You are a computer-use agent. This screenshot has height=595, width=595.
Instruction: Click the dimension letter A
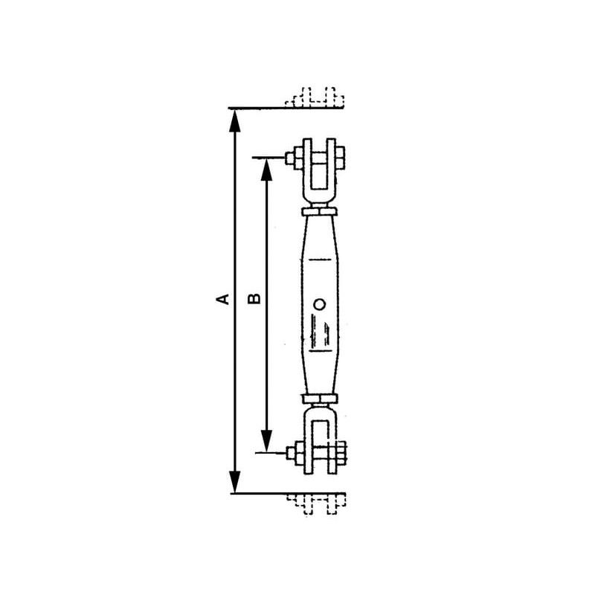click(222, 299)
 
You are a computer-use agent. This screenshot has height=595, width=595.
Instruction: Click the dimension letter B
click(254, 299)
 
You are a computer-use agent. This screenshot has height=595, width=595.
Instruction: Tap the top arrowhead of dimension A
click(235, 120)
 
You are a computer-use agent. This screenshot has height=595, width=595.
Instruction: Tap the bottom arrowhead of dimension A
click(235, 481)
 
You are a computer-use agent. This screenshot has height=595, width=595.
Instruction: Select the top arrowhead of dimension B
click(267, 170)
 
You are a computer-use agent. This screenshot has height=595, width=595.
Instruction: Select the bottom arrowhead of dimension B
click(267, 441)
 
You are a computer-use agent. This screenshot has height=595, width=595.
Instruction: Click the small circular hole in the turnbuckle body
click(320, 304)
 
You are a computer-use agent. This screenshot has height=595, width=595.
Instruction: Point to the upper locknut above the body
click(319, 211)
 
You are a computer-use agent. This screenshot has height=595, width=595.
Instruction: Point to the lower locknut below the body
click(320, 399)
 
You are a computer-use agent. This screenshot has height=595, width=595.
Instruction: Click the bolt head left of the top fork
click(294, 158)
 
